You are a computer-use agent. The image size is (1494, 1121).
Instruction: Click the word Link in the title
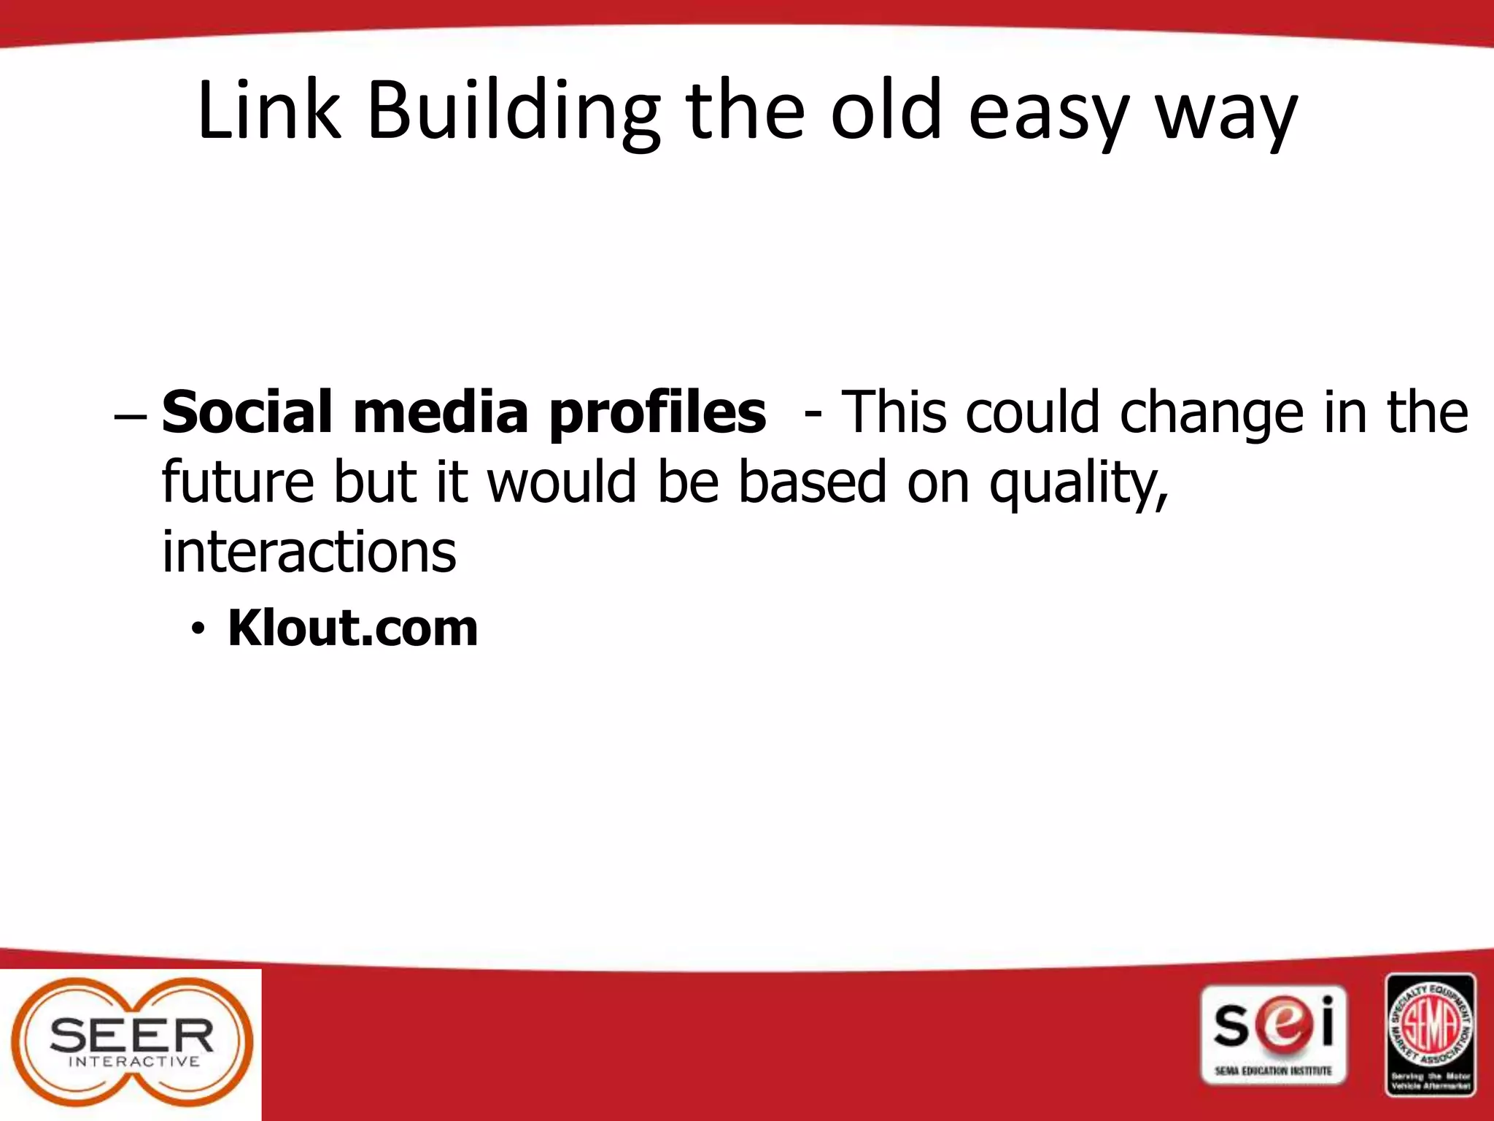tap(269, 111)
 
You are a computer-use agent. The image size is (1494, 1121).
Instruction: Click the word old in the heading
tap(886, 111)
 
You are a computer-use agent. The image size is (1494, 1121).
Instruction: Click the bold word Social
tap(250, 412)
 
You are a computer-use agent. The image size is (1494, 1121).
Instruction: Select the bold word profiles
tap(657, 412)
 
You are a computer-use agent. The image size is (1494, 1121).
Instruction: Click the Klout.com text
tap(352, 628)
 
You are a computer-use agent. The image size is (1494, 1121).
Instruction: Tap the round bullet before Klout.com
tap(196, 629)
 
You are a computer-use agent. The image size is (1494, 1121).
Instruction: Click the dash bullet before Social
tap(131, 417)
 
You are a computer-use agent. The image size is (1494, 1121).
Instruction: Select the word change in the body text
tap(1211, 412)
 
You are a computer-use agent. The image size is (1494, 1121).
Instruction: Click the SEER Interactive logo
tap(132, 1044)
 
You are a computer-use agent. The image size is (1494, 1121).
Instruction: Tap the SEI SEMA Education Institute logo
tap(1273, 1036)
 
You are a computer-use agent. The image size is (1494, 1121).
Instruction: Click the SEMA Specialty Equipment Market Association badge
tap(1431, 1034)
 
